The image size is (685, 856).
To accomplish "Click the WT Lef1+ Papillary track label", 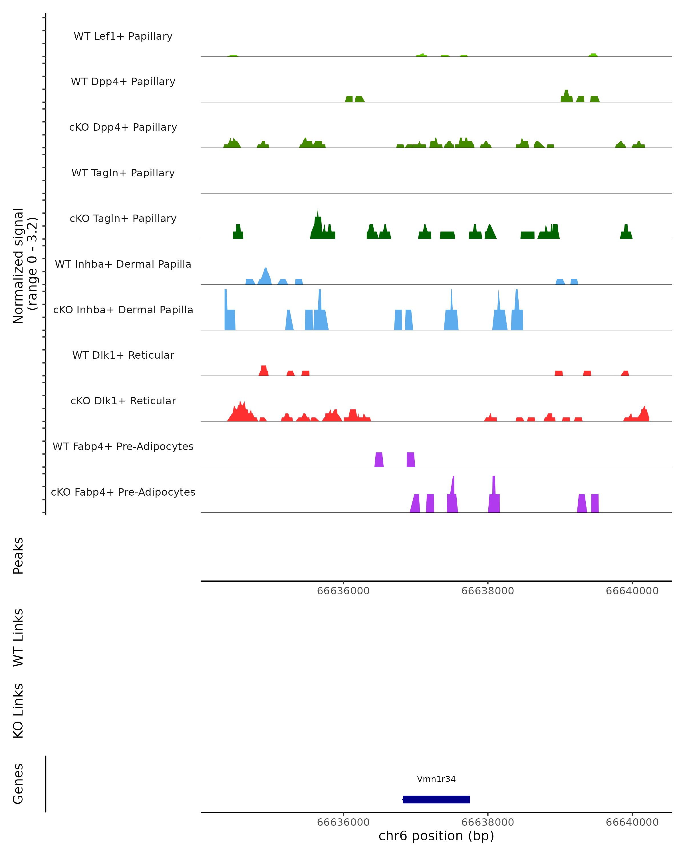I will [x=123, y=36].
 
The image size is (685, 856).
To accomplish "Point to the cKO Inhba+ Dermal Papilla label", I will [x=123, y=310].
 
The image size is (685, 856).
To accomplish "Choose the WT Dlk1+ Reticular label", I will [x=123, y=355].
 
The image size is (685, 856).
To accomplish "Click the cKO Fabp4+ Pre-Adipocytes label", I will [x=123, y=492].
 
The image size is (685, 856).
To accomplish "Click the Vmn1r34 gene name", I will [x=436, y=779].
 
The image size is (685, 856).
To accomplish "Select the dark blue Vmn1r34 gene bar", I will [x=436, y=800].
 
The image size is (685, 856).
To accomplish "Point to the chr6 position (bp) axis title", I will [x=436, y=836].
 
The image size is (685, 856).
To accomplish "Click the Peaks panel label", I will [x=18, y=556].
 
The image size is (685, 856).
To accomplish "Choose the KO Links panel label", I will [x=18, y=711].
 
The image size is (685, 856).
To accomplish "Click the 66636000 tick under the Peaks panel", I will [x=343, y=591].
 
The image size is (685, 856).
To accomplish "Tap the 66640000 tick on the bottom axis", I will [x=632, y=822].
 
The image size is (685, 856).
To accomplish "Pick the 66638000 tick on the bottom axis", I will [x=488, y=822].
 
